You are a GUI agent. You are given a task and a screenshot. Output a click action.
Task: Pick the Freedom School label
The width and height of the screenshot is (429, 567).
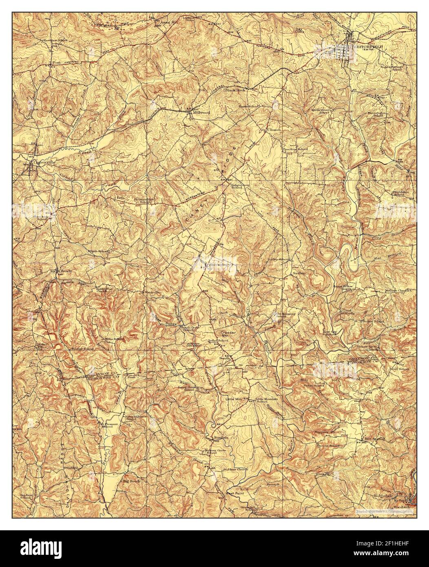click(x=295, y=150)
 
